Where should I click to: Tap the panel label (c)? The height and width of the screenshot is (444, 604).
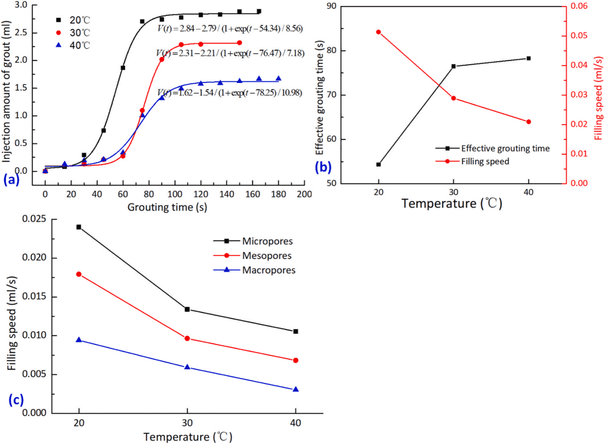16,399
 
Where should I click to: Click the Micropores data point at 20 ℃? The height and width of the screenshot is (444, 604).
79,227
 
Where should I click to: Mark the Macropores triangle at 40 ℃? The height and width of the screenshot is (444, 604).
296,389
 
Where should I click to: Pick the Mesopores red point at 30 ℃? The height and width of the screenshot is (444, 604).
187,338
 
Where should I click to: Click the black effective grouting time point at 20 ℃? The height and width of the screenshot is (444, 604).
378,164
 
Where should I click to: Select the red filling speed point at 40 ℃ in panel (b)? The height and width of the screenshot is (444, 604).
528,122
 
